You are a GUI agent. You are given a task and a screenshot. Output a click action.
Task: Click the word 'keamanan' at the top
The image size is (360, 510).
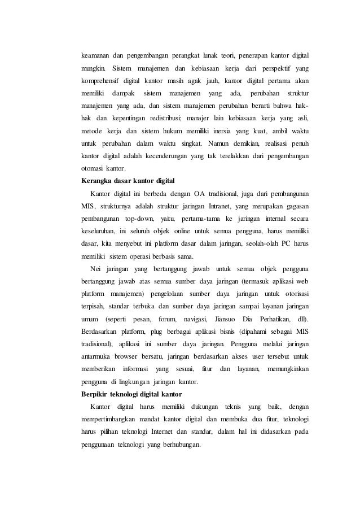pyautogui.click(x=94, y=56)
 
